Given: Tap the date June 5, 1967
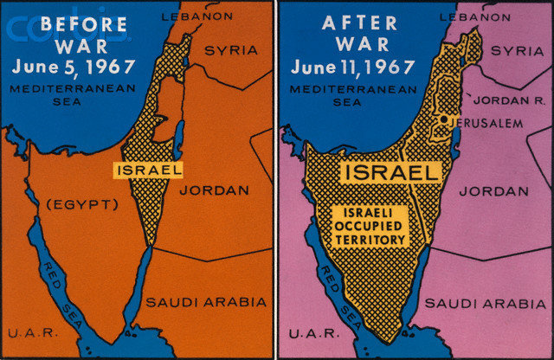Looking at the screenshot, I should pyautogui.click(x=68, y=66).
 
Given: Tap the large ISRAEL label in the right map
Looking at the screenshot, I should pyautogui.click(x=390, y=172).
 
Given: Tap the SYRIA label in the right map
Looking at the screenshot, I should pyautogui.click(x=517, y=51).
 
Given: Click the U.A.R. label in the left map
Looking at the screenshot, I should pyautogui.click(x=25, y=332).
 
